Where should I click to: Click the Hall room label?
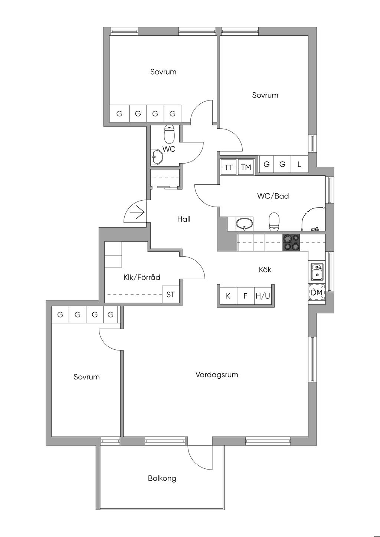point(184,219)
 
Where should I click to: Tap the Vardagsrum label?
point(217,375)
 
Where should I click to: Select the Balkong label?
point(162,478)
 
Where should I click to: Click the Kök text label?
point(265,270)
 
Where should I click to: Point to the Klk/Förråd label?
point(141,277)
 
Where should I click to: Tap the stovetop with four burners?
point(291,243)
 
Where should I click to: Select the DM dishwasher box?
point(317,293)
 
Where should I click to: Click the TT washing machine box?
point(229,167)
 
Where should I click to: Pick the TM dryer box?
point(246,167)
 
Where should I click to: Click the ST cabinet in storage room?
point(170,295)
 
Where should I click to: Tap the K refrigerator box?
point(228,296)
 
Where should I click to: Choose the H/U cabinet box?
point(263,296)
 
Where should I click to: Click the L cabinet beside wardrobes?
point(299,164)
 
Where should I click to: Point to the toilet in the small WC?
point(169,135)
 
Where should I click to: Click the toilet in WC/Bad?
point(274,221)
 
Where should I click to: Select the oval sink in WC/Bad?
point(245,224)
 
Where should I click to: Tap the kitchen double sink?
point(317,271)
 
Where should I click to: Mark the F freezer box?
point(245,296)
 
